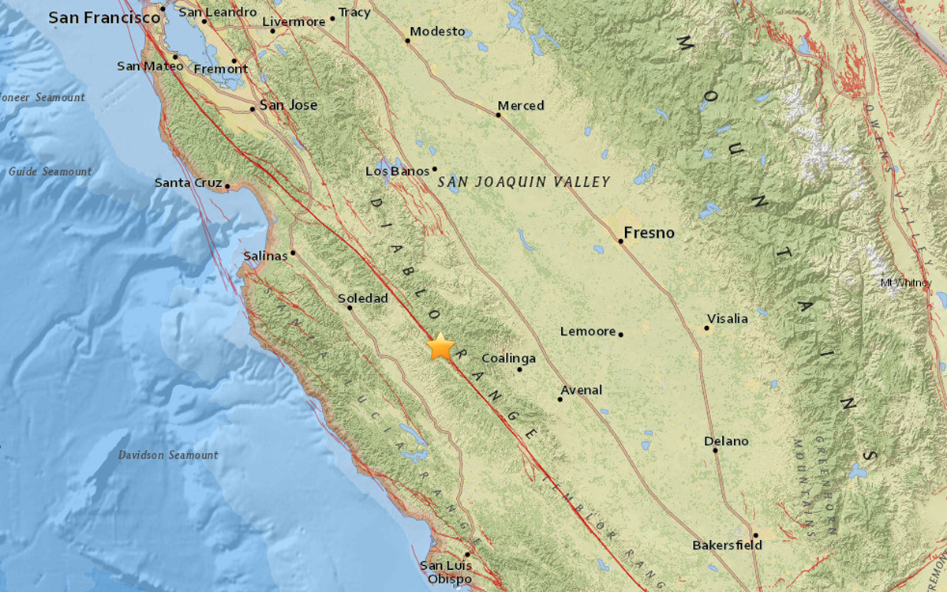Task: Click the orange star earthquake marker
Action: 440,347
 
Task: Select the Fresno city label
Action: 649,232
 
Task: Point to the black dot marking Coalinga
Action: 520,369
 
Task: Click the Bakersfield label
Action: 727,545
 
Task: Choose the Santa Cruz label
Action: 186,182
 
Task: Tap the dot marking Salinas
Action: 293,253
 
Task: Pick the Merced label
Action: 521,106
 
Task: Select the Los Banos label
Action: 397,171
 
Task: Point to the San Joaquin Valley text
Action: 524,182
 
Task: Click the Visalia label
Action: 727,319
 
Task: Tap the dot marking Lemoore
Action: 621,335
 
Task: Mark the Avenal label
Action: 582,390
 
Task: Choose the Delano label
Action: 726,441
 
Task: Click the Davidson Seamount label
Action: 168,455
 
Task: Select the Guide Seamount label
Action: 50,171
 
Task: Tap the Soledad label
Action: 363,298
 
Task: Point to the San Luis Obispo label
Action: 446,572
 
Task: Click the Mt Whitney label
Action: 905,283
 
